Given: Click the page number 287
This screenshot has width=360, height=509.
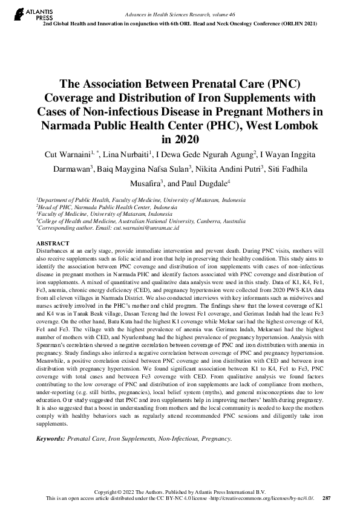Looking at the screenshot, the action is pyautogui.click(x=327, y=498).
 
